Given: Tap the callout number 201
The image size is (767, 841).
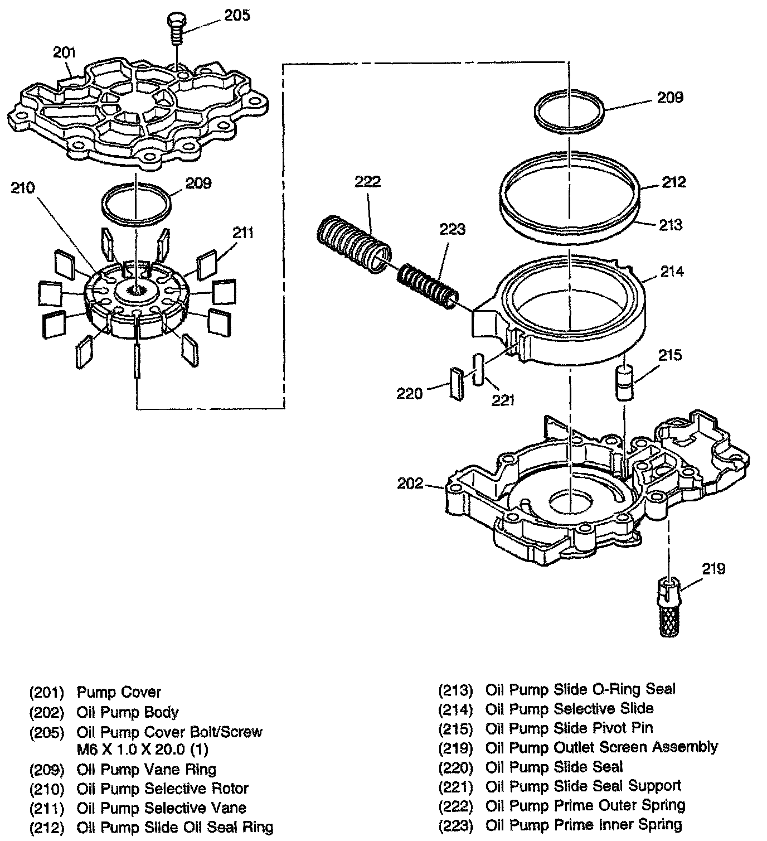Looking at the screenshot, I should point(64,53).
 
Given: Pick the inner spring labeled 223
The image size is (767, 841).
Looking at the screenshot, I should point(428,284).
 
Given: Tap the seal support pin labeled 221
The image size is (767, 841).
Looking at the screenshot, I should point(478,369).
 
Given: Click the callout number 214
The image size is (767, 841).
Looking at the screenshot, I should point(672,272).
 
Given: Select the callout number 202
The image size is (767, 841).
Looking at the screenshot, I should point(410,484).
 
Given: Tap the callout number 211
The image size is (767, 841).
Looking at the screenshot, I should point(243,233).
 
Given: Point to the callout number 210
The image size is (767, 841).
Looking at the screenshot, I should point(23,188).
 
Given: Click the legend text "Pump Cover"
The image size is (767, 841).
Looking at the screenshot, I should point(119,693).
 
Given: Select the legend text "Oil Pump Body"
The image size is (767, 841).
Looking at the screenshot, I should point(128,712).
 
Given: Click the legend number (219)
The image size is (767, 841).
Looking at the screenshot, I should point(455,748).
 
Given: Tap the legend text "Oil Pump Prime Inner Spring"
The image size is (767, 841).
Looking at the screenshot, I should point(584,825).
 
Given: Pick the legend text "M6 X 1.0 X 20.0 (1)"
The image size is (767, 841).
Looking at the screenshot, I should point(143,750).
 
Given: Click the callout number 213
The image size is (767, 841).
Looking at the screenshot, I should point(671,225).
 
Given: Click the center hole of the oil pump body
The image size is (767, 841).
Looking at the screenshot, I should point(571,501).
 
